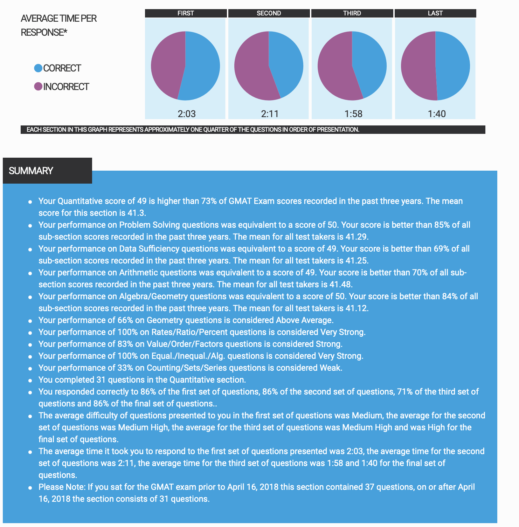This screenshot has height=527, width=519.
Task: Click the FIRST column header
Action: click(x=186, y=13)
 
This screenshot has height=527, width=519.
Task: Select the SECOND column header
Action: click(x=269, y=13)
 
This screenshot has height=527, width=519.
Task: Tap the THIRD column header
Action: click(x=352, y=13)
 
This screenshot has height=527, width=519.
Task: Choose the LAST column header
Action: click(x=435, y=13)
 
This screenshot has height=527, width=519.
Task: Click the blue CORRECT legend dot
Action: click(x=38, y=68)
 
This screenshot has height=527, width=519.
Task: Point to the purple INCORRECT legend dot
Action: click(x=38, y=87)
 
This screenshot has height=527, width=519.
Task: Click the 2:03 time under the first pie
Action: click(x=187, y=114)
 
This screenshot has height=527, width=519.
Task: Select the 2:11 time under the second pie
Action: click(x=270, y=114)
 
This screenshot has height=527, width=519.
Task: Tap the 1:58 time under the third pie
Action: click(x=353, y=114)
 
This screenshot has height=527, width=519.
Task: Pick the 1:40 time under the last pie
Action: click(x=437, y=114)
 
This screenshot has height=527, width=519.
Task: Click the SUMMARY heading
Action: click(x=31, y=171)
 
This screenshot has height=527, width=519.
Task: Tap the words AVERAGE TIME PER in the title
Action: click(x=59, y=19)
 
